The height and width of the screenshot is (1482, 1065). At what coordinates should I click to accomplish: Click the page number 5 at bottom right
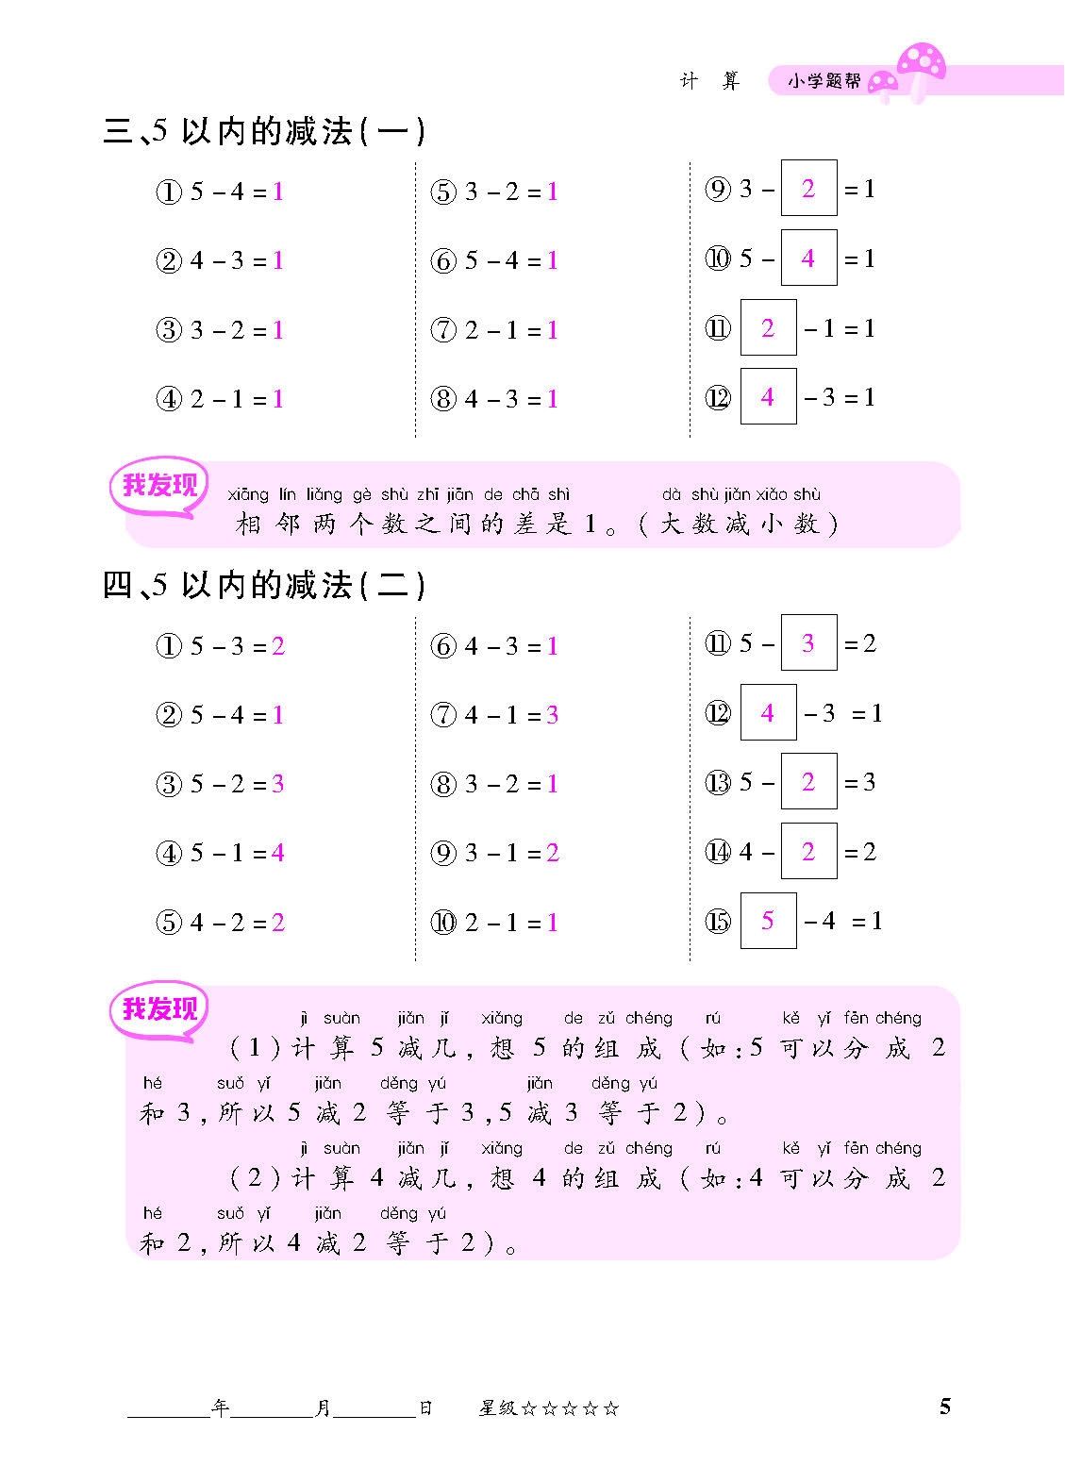click(944, 1407)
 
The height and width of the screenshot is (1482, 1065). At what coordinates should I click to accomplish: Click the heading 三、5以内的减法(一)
click(264, 131)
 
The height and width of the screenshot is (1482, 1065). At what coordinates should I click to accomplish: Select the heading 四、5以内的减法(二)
click(264, 586)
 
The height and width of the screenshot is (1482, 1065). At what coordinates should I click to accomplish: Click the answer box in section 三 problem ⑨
click(808, 189)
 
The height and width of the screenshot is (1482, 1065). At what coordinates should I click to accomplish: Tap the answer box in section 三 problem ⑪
click(768, 327)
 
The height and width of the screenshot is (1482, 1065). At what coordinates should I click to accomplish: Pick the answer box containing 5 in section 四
click(768, 921)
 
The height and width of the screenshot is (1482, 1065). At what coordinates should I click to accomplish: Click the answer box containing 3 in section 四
click(808, 643)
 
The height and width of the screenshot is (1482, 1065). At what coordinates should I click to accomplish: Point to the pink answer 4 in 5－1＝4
click(277, 853)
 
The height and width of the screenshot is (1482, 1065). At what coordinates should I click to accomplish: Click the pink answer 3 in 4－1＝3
click(552, 715)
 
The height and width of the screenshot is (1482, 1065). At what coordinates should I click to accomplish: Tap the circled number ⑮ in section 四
click(718, 922)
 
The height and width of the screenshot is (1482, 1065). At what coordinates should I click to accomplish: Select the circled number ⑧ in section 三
click(443, 399)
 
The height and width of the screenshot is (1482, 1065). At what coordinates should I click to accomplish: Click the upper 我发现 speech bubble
click(159, 486)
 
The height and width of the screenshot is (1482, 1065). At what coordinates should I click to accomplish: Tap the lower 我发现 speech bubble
click(159, 1009)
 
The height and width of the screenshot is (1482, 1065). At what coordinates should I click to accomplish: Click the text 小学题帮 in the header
click(824, 81)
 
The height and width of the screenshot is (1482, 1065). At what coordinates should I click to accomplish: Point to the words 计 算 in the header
click(709, 81)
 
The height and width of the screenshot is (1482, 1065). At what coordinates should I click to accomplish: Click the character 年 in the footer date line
click(221, 1407)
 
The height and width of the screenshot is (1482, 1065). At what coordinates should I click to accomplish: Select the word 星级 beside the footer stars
click(497, 1408)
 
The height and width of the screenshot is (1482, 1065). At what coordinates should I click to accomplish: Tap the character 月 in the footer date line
click(323, 1407)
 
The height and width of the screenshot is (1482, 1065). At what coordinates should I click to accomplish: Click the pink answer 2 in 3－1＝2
click(552, 854)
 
